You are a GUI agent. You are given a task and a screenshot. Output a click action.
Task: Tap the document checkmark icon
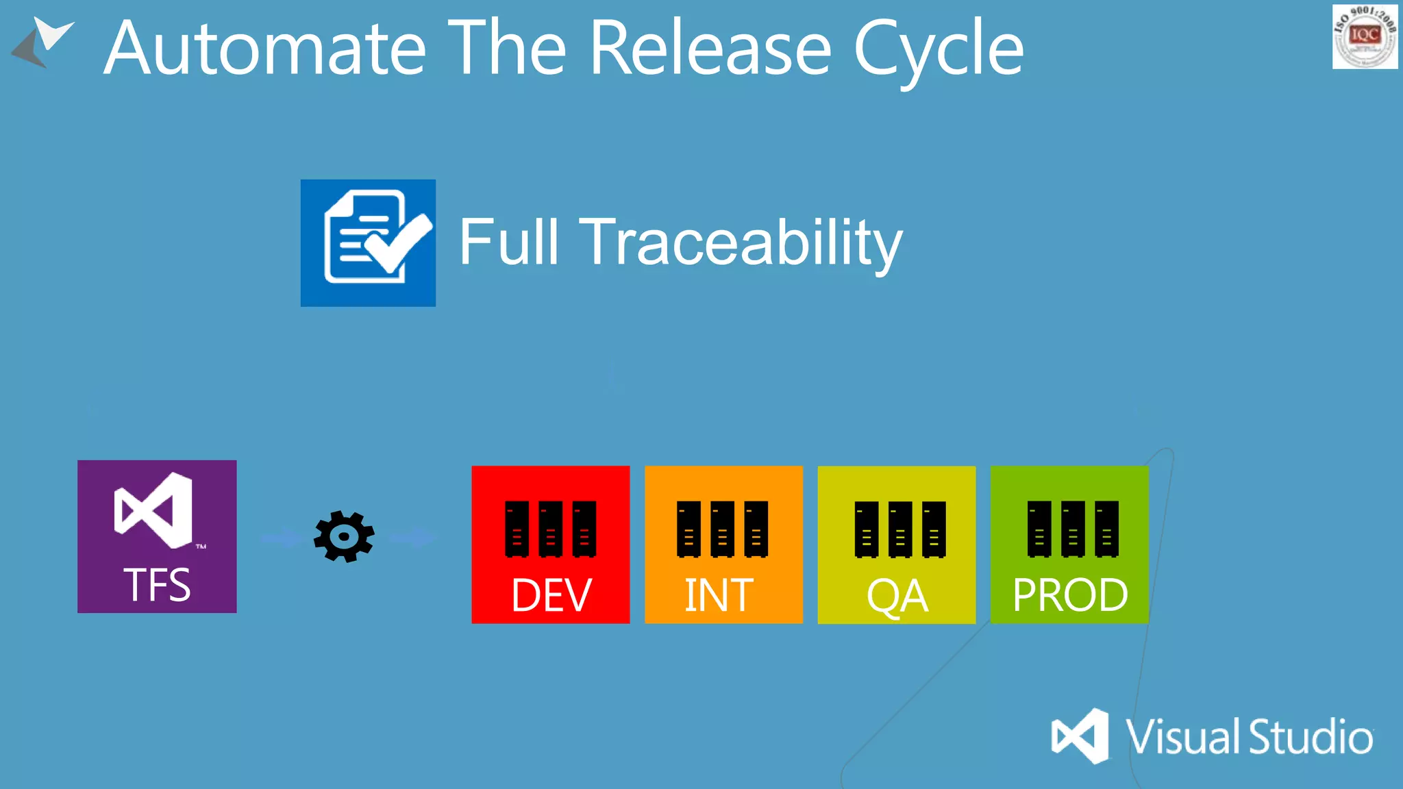(x=369, y=242)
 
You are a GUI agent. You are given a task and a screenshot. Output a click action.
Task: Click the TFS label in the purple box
(x=157, y=585)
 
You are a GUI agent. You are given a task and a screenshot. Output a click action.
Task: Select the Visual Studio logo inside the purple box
(x=154, y=510)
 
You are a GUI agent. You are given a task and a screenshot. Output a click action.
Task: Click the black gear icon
(x=344, y=536)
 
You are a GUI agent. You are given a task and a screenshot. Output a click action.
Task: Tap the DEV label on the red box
(x=551, y=594)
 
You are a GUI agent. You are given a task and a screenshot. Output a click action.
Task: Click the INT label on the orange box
(x=719, y=594)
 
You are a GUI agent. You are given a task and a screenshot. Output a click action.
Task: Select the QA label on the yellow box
(x=897, y=596)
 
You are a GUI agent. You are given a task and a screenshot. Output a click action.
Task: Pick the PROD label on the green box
(x=1069, y=594)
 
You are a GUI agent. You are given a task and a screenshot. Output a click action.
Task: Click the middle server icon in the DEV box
(x=550, y=529)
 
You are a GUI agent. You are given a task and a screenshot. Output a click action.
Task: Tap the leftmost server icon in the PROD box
(x=1039, y=529)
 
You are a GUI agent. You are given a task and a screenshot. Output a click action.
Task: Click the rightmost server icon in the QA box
(x=934, y=529)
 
